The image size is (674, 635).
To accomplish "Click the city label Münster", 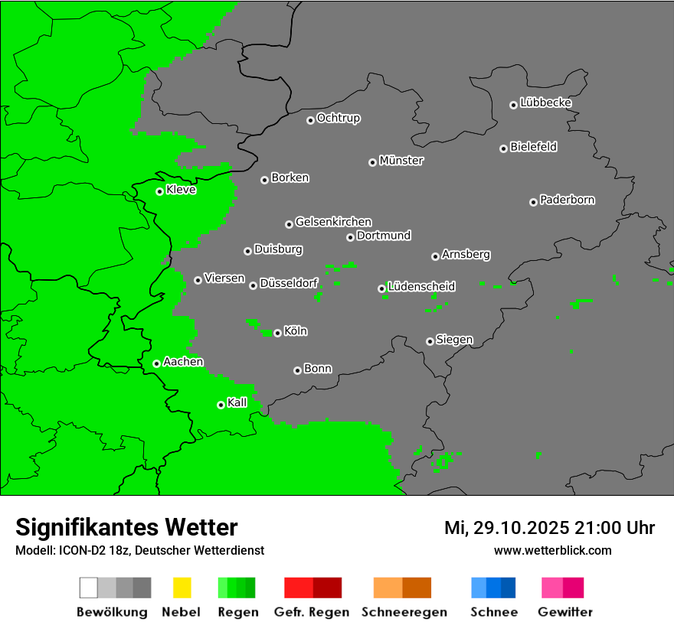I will point(401,161).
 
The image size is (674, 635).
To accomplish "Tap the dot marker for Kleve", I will point(159,191).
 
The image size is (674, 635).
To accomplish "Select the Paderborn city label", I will point(567,200).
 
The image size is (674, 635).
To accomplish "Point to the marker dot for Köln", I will point(277,333).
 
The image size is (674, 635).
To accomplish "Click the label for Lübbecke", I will point(545,103).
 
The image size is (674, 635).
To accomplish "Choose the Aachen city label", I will point(183,361).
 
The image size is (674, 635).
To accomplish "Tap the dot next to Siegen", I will point(430,341).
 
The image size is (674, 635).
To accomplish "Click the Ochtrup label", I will point(339,118).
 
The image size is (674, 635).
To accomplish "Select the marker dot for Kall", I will point(221,405).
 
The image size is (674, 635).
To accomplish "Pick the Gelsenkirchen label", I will point(333,222).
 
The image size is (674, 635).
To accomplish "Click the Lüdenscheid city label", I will point(421,286).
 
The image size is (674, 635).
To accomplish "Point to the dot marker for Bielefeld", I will point(503,148).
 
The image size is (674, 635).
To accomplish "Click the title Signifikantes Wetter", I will point(126,527).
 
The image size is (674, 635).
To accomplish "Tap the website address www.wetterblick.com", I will point(552,550).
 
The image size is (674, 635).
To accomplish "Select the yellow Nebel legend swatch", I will point(181,588).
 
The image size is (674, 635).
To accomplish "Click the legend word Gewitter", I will point(564,612).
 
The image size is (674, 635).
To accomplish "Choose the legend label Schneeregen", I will point(404,612).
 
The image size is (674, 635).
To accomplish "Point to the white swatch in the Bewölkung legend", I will point(88,588).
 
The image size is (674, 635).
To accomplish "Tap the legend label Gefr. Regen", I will point(312,612).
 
